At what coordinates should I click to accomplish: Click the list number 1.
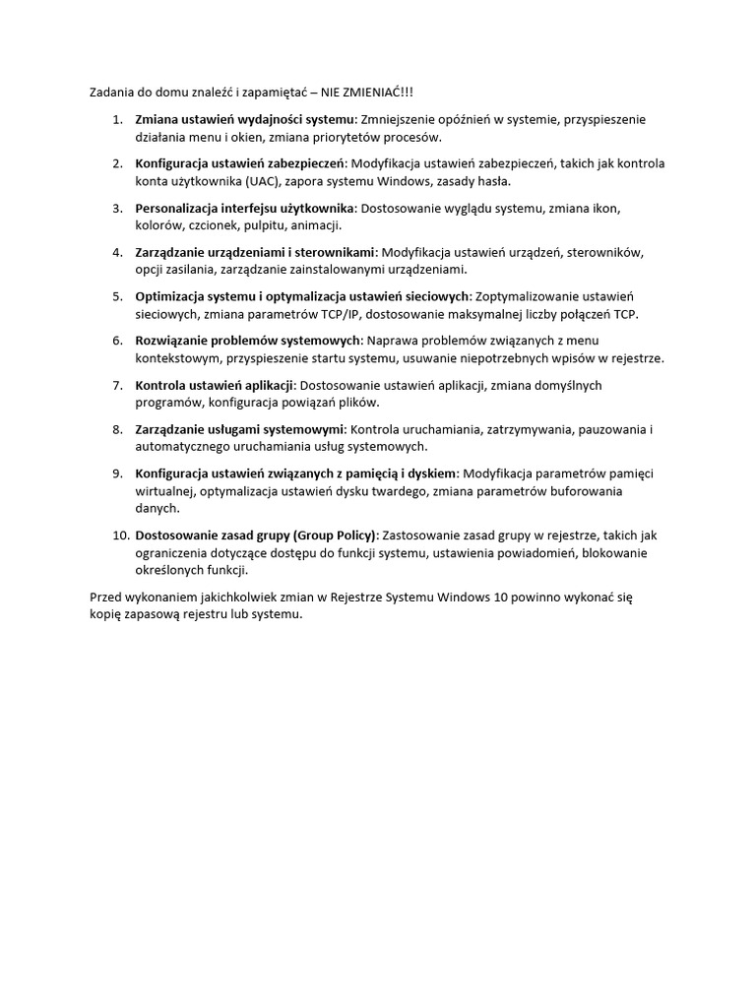117,119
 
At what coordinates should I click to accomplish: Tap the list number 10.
120,535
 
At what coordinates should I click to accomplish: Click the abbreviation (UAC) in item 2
260,181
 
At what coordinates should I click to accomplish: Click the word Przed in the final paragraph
107,598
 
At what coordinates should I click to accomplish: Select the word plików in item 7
358,403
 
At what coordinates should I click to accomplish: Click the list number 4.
117,252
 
